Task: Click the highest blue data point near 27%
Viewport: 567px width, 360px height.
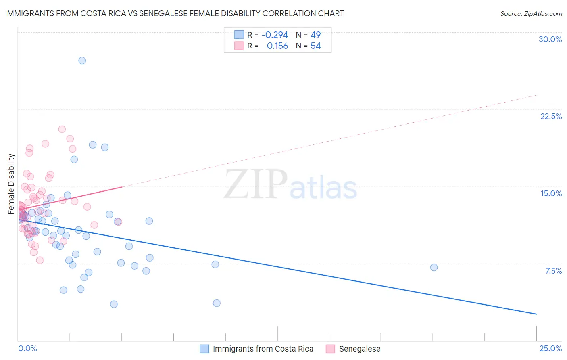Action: [x=82, y=61]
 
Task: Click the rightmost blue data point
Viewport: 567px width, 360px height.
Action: [x=434, y=267]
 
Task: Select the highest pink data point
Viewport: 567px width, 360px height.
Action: [x=62, y=129]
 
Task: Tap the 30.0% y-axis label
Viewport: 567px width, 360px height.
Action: [x=550, y=39]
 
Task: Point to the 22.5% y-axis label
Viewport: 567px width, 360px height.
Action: [x=551, y=116]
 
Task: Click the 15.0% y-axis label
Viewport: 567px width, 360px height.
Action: [x=551, y=193]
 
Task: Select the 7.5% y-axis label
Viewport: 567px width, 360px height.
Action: [x=553, y=271]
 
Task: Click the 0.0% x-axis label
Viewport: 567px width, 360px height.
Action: [x=27, y=348]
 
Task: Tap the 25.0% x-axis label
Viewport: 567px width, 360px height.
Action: [x=550, y=348]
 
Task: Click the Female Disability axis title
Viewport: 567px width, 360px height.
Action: [x=11, y=184]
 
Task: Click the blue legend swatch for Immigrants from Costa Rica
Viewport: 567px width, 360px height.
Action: [x=204, y=349]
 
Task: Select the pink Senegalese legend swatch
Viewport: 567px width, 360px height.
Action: [x=331, y=349]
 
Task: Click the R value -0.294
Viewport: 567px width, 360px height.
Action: [x=275, y=35]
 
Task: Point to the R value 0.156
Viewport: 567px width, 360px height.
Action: [x=277, y=46]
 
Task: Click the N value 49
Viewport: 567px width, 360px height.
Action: [x=315, y=35]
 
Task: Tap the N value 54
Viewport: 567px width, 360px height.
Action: [x=315, y=46]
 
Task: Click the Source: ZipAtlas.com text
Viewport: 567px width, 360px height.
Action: [x=531, y=14]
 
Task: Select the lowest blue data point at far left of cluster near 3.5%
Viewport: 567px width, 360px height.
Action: [x=114, y=304]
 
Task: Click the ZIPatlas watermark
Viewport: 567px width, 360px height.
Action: [x=290, y=185]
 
